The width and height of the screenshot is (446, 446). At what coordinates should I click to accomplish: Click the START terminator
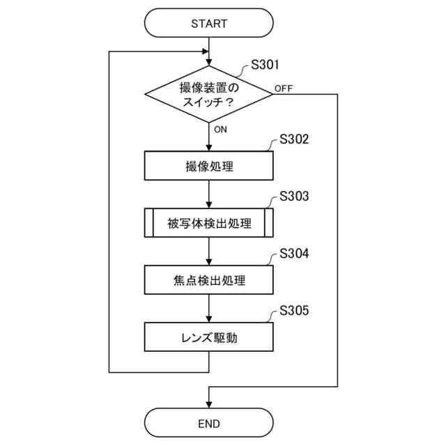point(209,23)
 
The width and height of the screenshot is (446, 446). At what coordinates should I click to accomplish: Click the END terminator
point(209,423)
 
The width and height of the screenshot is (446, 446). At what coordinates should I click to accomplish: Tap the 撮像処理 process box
point(209,167)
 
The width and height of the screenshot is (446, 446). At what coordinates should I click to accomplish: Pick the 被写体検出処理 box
point(209,224)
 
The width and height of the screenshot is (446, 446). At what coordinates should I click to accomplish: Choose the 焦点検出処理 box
point(209,281)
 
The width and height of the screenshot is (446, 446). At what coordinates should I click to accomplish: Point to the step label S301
point(265,66)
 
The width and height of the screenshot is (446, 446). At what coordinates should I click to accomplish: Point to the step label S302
point(293,139)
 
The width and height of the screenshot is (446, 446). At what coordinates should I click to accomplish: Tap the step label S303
point(293,196)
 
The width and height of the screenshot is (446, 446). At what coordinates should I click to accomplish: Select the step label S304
point(293,253)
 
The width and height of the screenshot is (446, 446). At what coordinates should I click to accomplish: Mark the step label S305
point(293,310)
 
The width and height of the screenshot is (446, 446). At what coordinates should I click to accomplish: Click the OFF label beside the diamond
point(284,88)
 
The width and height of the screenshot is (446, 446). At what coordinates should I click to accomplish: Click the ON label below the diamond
point(220,130)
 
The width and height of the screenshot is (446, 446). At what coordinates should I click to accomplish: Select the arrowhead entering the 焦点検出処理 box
point(209,263)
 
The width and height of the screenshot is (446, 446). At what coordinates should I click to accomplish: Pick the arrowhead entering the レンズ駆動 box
point(209,319)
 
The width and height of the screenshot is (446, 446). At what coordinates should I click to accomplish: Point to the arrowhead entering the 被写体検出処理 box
point(209,206)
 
